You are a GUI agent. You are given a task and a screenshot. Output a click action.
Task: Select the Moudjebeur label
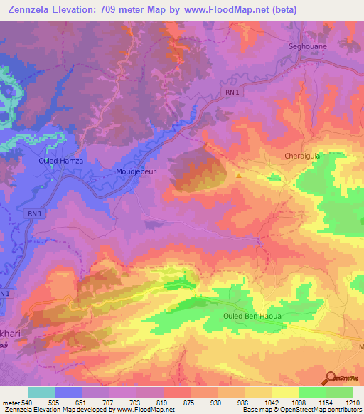[136, 171]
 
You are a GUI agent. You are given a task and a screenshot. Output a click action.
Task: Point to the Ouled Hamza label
[60, 161]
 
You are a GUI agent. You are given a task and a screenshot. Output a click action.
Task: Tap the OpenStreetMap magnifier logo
[331, 378]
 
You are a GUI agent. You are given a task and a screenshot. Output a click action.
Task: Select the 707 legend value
[110, 402]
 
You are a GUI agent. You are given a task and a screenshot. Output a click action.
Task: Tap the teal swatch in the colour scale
[41, 392]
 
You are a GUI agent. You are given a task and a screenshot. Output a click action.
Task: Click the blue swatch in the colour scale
[69, 392]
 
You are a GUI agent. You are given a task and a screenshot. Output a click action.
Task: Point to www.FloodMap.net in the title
[232, 9]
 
